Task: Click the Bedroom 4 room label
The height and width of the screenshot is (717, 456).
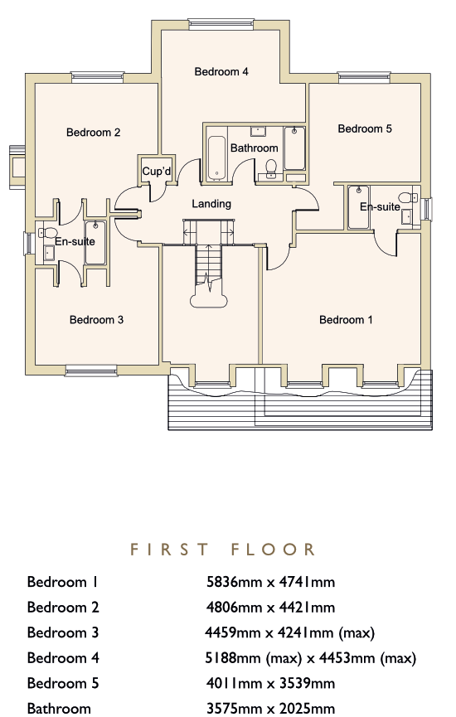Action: (x=221, y=71)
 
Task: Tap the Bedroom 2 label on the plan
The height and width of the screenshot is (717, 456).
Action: (x=94, y=132)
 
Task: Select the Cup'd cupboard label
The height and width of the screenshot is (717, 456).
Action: (x=157, y=172)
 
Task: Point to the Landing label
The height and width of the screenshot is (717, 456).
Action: (x=211, y=204)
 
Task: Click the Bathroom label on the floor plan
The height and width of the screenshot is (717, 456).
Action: (x=255, y=148)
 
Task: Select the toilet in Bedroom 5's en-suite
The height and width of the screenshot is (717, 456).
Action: (x=407, y=197)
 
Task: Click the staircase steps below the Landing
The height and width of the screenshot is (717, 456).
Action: (x=209, y=266)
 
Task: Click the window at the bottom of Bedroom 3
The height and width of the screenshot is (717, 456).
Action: (x=91, y=371)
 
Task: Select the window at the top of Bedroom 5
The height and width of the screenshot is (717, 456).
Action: (x=364, y=78)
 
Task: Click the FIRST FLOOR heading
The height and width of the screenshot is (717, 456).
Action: (x=223, y=550)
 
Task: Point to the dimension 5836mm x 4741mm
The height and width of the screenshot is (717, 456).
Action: (x=271, y=582)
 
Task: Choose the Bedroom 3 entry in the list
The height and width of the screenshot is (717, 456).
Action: (x=63, y=632)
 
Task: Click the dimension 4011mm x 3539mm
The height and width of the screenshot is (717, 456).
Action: (x=271, y=683)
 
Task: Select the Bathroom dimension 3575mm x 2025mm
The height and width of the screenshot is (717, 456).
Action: (x=271, y=709)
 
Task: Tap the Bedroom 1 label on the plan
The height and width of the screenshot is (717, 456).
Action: (x=346, y=320)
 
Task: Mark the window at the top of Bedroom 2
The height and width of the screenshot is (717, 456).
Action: (x=98, y=77)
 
